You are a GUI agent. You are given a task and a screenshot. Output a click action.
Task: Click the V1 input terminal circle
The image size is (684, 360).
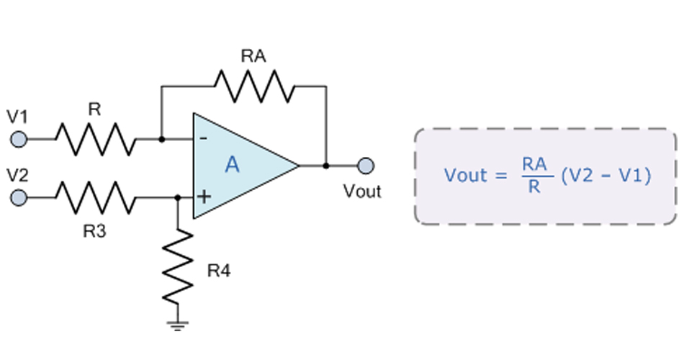(x=19, y=138)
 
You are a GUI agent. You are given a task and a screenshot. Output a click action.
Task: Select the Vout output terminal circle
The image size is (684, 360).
(x=366, y=166)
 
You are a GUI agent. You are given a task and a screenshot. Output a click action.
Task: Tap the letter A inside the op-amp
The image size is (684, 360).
(x=232, y=166)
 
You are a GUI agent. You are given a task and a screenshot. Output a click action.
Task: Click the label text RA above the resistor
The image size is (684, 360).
(x=253, y=57)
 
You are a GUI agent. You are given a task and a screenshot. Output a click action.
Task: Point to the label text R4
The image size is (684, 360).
(x=219, y=271)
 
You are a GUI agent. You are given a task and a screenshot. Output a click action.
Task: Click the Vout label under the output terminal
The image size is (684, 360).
(x=362, y=192)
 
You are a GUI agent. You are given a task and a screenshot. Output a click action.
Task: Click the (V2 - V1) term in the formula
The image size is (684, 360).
(x=605, y=176)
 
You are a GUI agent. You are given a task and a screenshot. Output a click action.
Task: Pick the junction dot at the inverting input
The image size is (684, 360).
(x=161, y=138)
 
